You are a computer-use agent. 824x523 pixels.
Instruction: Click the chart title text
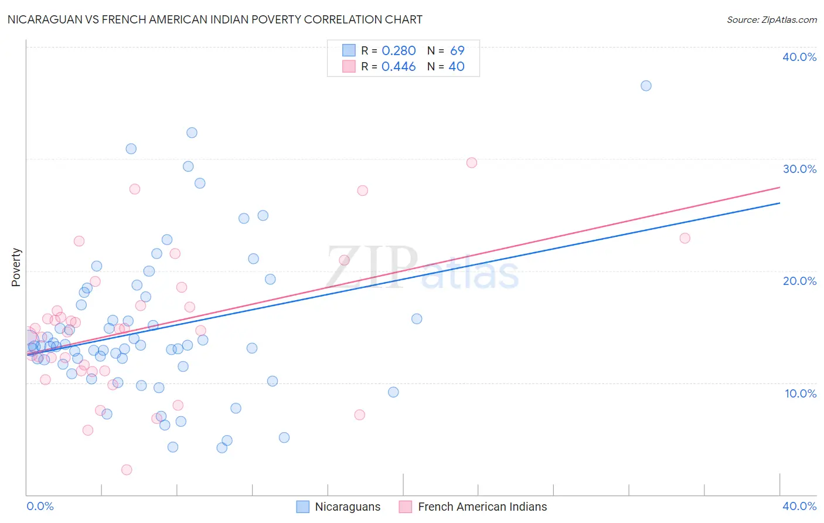pos(214,19)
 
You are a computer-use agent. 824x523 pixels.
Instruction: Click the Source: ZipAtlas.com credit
pos(771,19)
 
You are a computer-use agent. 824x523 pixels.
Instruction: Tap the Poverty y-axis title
pos(16,267)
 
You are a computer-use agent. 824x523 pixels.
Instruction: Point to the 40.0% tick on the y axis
pos(799,57)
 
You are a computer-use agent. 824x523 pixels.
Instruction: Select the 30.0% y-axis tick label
pos(799,169)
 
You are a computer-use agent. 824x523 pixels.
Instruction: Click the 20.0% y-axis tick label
pos(799,281)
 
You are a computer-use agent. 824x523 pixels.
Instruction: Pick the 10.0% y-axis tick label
pos(801,393)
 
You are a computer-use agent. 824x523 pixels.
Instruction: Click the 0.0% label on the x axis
pos(40,506)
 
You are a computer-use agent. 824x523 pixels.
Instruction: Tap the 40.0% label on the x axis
pos(799,506)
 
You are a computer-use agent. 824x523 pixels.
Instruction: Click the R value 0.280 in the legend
pos(399,51)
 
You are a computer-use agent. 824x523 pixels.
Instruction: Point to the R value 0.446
pos(399,67)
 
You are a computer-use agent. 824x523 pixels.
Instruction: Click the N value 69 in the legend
pos(457,51)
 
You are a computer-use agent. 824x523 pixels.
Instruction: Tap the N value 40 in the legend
pos(457,67)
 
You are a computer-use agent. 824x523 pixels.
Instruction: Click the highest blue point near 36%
pos(646,86)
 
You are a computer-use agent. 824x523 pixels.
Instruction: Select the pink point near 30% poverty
pos(472,162)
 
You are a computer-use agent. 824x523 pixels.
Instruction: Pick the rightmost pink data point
pos(685,238)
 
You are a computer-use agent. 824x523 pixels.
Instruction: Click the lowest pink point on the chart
pos(127,470)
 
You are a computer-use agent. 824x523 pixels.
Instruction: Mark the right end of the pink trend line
pos(779,187)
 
